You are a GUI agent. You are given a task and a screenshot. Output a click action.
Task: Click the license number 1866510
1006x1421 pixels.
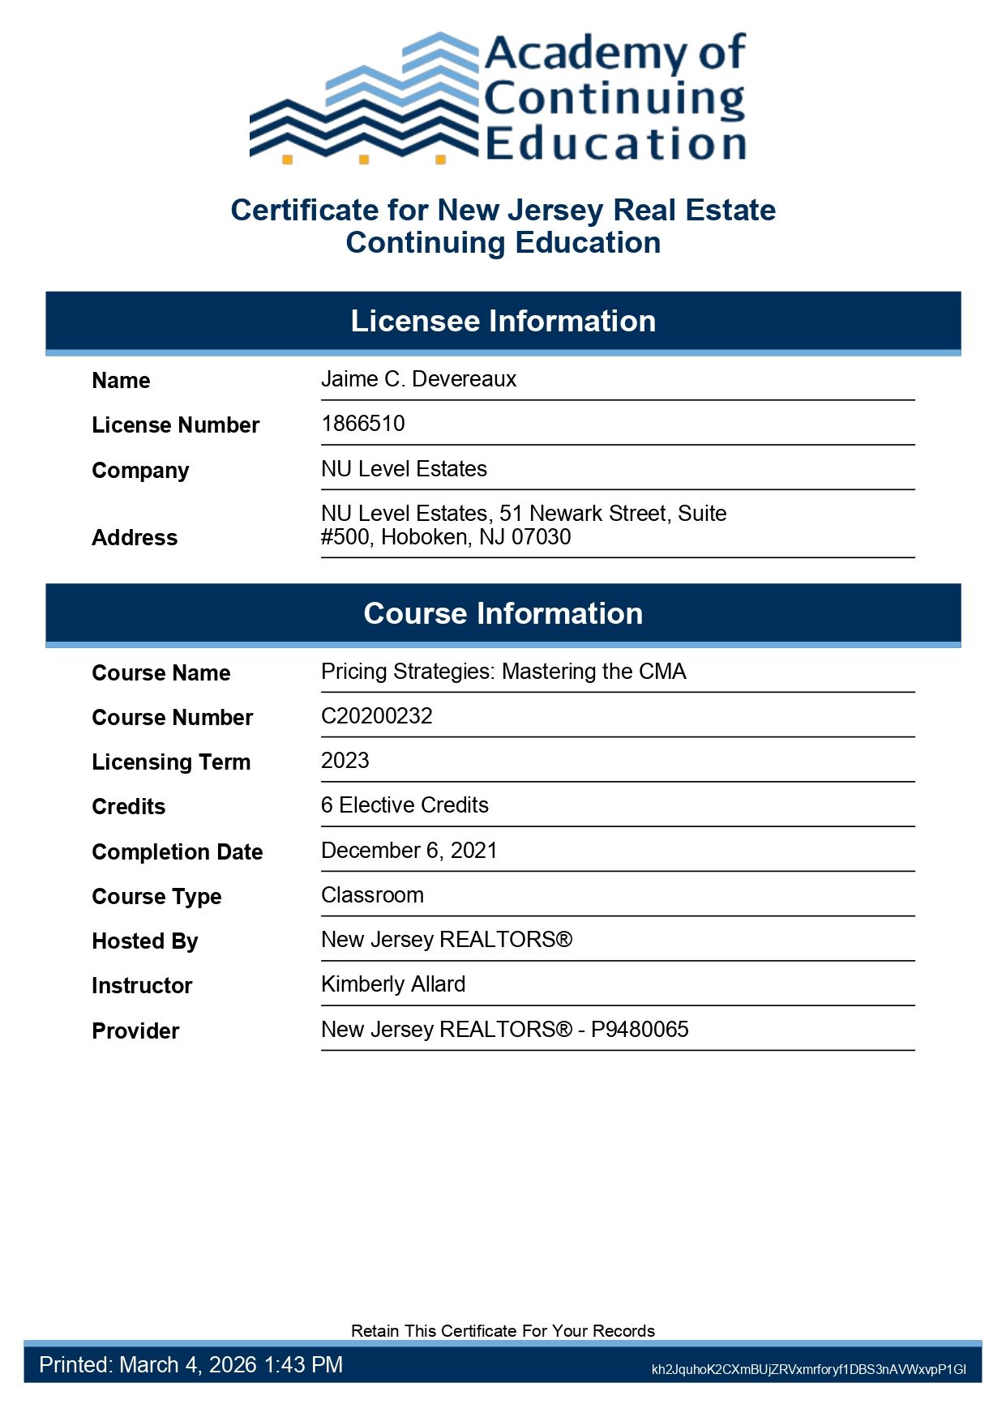[x=362, y=424]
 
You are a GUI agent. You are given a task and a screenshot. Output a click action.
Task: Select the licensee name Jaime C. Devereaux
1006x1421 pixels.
[x=418, y=379]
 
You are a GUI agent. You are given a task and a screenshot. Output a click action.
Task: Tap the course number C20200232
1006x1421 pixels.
[x=376, y=716]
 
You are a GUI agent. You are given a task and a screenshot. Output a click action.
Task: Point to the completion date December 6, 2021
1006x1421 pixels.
[x=409, y=851]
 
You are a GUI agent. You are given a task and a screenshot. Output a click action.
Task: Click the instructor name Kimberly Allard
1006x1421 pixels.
[x=393, y=984]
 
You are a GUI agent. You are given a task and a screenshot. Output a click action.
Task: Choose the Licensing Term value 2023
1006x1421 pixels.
[x=345, y=761]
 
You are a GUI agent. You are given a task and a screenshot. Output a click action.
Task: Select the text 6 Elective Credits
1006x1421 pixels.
[x=405, y=805]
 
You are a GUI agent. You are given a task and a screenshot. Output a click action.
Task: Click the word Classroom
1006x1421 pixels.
[x=372, y=895]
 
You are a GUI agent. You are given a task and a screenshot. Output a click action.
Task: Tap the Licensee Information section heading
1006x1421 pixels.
[x=503, y=322]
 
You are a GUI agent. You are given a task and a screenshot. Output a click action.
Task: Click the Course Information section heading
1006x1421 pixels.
[x=503, y=614]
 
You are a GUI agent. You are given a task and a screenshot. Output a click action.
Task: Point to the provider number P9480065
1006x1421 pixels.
[x=640, y=1030]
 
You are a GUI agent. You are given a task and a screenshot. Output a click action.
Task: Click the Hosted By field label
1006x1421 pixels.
[x=145, y=941]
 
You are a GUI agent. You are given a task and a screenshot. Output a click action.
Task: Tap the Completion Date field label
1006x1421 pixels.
[x=178, y=852]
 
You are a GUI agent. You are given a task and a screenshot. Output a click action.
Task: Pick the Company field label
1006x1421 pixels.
[x=140, y=471]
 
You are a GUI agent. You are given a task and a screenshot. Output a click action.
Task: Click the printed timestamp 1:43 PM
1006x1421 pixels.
[x=303, y=1365]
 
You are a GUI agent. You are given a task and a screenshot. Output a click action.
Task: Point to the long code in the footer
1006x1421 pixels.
[x=808, y=1370]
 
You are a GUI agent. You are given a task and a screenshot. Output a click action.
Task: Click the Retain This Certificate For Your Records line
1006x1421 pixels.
[x=503, y=1331]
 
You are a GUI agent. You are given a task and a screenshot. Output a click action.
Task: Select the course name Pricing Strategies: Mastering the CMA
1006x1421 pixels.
[x=503, y=672]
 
